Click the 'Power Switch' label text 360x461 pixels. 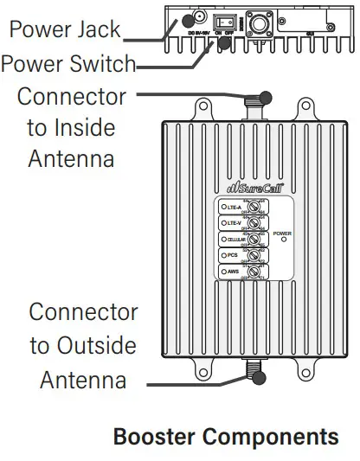(68, 63)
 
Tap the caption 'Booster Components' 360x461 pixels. (226, 437)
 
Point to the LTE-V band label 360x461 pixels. (234, 223)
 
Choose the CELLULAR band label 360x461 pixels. (235, 240)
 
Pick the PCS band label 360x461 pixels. (232, 256)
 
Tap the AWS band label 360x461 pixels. (233, 272)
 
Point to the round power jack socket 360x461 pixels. (197, 17)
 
